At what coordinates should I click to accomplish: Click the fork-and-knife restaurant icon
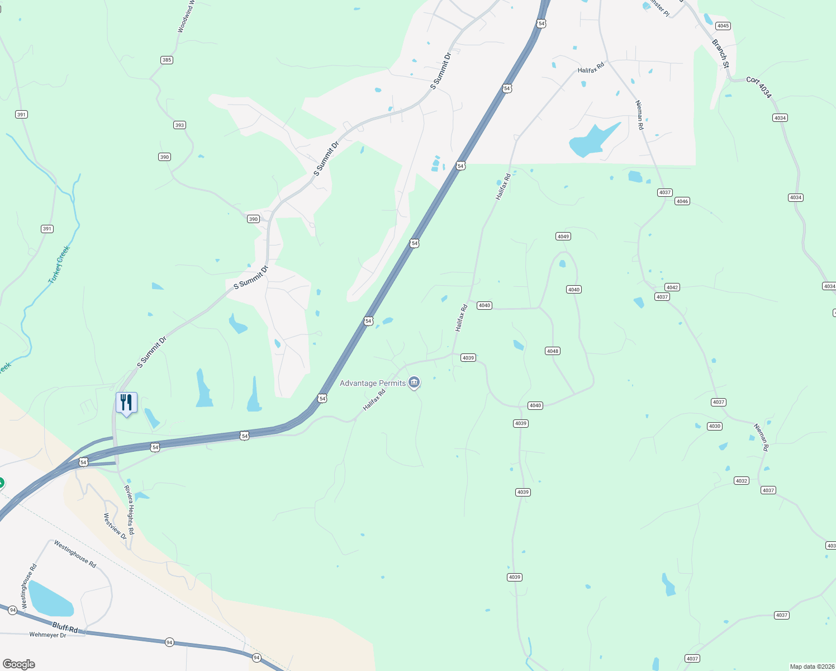(x=126, y=403)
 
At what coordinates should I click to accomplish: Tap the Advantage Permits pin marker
(x=414, y=382)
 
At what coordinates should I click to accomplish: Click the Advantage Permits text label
(x=373, y=383)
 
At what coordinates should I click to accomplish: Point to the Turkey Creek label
(x=59, y=264)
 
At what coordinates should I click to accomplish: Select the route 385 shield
(x=167, y=60)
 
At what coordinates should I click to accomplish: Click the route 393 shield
(x=179, y=125)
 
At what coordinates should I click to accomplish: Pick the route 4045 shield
(x=723, y=26)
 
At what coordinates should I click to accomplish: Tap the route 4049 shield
(x=563, y=237)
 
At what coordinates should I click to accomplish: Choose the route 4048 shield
(x=552, y=351)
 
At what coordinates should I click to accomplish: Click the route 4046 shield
(x=682, y=201)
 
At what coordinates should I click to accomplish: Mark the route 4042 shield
(x=672, y=287)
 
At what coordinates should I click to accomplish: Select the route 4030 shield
(x=714, y=426)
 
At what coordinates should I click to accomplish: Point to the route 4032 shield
(x=741, y=481)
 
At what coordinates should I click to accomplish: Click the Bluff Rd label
(x=65, y=627)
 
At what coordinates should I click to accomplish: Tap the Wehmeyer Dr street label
(x=47, y=635)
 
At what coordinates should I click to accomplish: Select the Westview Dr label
(x=115, y=526)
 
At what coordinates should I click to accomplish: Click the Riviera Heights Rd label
(x=130, y=510)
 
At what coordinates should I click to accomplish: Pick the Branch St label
(x=721, y=54)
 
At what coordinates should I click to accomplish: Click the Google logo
(x=19, y=664)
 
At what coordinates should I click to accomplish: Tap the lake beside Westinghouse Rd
(x=50, y=599)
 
